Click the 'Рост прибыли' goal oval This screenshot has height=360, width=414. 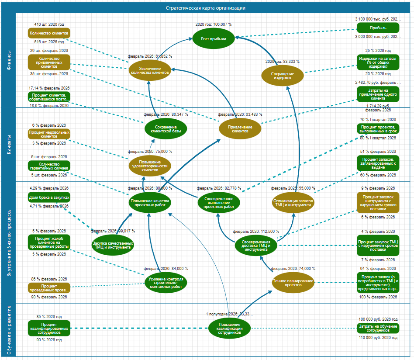214,38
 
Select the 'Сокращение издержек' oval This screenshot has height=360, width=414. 283,76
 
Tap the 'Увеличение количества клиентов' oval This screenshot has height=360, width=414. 150,71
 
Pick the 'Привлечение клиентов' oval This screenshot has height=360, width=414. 240,129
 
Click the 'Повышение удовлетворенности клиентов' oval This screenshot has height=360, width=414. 150,165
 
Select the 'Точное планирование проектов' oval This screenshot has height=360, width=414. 293,283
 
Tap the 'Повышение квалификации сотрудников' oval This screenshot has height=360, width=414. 229,328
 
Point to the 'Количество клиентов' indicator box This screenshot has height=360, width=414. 49,33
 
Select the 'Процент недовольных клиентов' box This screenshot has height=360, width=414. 49,134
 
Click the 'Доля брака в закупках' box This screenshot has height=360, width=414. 49,197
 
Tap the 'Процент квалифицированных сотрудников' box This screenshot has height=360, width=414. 49,328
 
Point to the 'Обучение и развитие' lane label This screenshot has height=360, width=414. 9,330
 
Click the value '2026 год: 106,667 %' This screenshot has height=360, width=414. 214,24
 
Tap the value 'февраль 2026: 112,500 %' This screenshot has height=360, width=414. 255,232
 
